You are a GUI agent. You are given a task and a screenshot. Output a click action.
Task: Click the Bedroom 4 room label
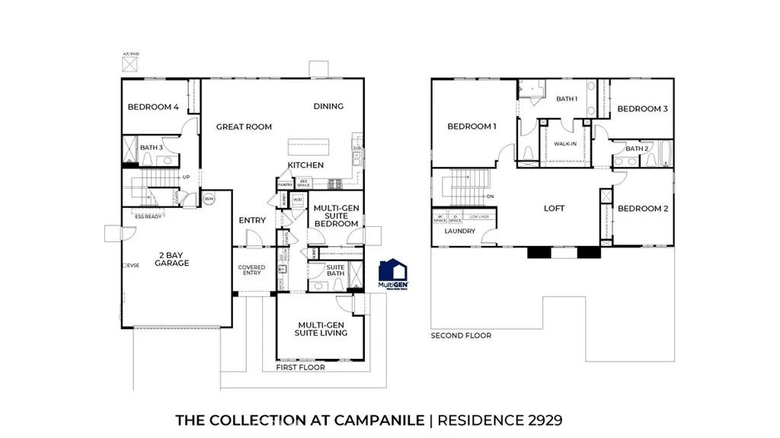coord(153,107)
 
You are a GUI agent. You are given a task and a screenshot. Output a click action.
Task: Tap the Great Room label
coord(244,127)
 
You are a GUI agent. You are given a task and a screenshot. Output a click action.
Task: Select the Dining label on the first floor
coord(328,107)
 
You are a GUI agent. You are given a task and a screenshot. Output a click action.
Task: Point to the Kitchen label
coord(305,165)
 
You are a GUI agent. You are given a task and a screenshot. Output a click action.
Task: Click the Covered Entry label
coord(251,270)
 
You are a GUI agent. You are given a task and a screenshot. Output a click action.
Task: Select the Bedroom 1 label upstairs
coord(472,126)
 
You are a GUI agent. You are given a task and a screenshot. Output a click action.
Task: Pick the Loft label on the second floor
coord(554,208)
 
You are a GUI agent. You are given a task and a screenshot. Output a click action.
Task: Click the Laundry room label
coord(460,231)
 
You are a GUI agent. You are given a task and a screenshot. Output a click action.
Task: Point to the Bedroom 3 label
coord(642,109)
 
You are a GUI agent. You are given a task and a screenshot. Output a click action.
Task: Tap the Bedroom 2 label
coord(642,209)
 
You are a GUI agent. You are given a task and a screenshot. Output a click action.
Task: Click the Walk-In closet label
coord(564,143)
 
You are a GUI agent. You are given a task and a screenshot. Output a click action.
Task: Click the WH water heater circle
coord(209,199)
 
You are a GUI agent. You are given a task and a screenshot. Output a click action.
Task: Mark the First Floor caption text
coord(300,367)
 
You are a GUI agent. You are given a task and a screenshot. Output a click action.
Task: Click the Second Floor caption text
coord(461,335)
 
